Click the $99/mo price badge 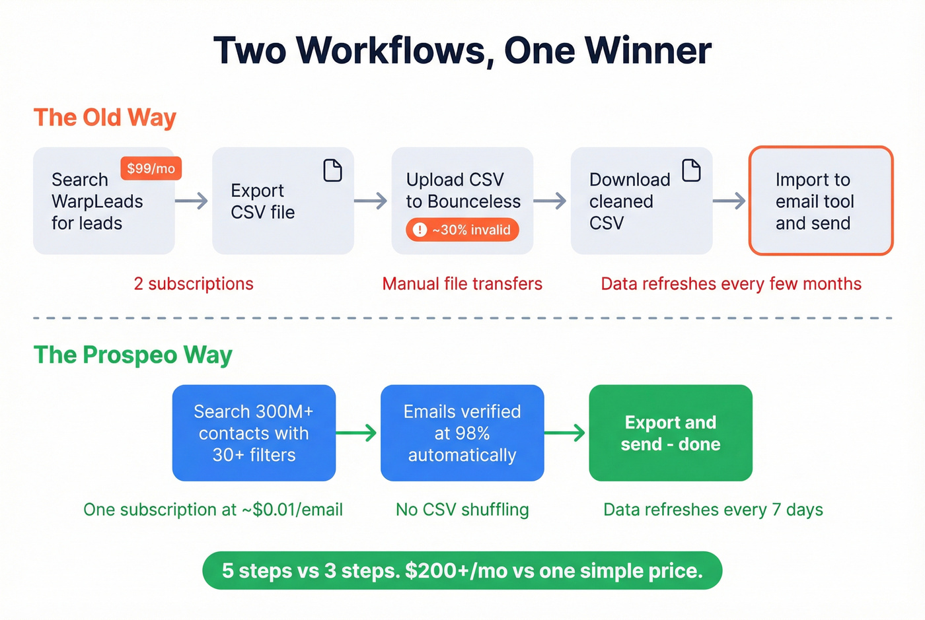(151, 168)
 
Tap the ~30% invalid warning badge (462, 230)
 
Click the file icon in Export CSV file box (332, 170)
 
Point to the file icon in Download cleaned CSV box (691, 170)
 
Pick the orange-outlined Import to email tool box (821, 201)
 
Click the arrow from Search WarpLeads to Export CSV (192, 201)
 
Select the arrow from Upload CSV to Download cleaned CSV (550, 201)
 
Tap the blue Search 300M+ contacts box (254, 433)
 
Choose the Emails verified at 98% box (462, 433)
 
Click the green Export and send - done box (670, 433)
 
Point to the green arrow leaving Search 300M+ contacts (357, 433)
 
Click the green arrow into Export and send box (566, 433)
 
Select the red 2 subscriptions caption (194, 284)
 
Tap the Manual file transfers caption (462, 284)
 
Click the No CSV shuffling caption (462, 510)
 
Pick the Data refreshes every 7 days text (713, 510)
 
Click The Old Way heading (105, 118)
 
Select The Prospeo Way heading (133, 355)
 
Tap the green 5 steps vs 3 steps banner (462, 570)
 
